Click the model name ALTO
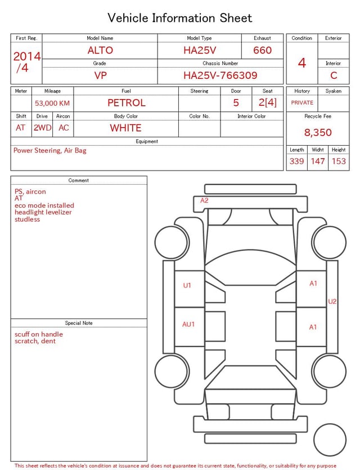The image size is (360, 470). (x=100, y=50)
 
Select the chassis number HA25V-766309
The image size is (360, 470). (x=220, y=75)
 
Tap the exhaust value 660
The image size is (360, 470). (x=262, y=50)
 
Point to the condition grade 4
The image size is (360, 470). (x=302, y=62)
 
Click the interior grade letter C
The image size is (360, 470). (x=334, y=75)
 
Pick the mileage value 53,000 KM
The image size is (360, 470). (x=52, y=104)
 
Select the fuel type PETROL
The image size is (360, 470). (x=127, y=103)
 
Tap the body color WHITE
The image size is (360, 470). (x=125, y=128)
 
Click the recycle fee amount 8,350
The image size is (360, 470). (x=318, y=132)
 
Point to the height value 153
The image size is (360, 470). (x=339, y=161)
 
